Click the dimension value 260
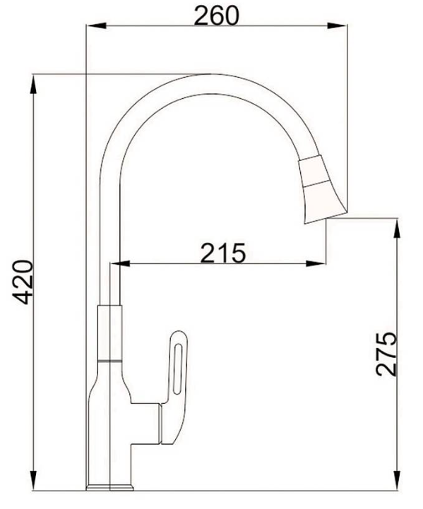[218, 14]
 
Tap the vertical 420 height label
[23, 282]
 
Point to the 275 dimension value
[386, 353]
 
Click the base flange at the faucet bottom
[109, 486]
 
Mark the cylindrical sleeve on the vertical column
[109, 332]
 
